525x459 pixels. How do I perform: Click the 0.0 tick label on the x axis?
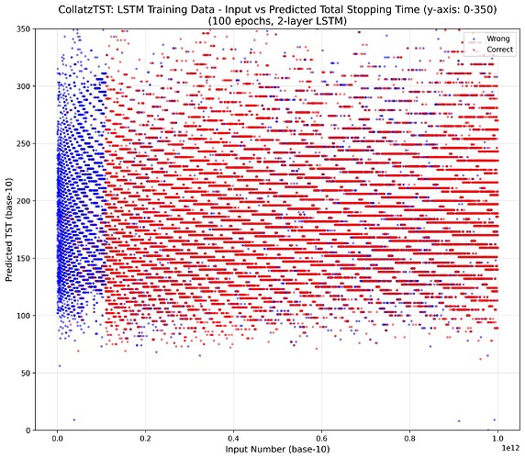point(58,440)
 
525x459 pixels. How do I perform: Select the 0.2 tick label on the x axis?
point(146,440)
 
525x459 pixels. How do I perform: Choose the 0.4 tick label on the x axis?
point(234,440)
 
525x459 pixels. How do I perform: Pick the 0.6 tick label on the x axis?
point(322,440)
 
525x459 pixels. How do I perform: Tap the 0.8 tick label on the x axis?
point(410,440)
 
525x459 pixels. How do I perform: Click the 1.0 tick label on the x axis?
point(498,440)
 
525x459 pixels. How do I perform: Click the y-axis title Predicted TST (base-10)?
point(9,229)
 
